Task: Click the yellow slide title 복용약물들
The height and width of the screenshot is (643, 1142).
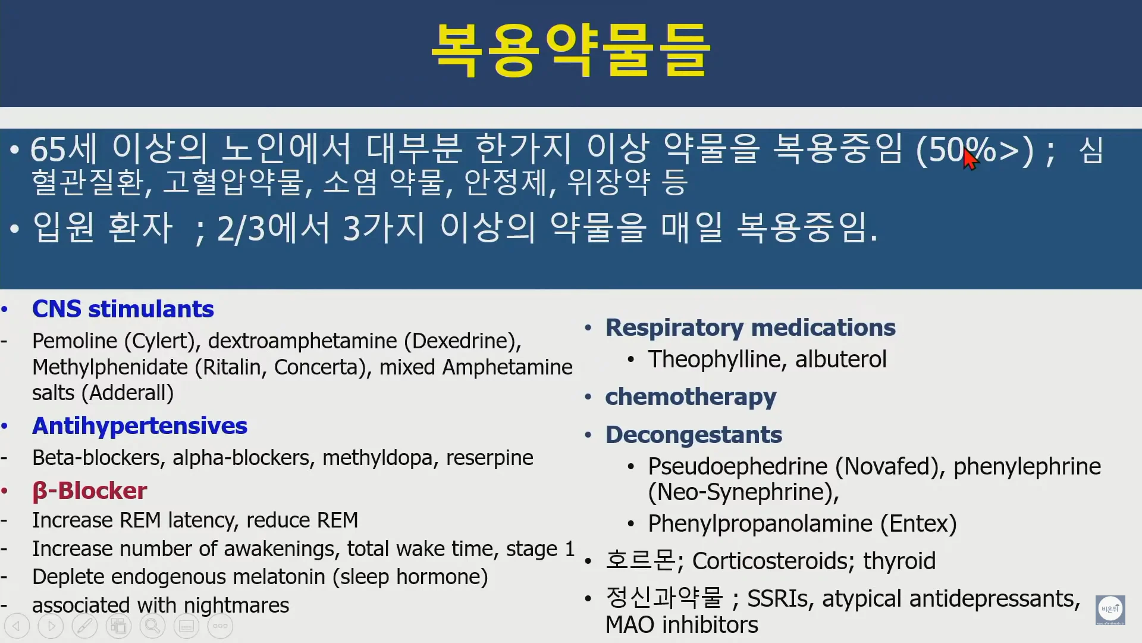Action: tap(571, 51)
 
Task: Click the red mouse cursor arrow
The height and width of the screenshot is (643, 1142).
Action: tap(970, 159)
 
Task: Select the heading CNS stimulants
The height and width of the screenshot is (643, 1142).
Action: tap(123, 309)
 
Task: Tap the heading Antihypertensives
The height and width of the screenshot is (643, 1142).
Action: tap(140, 426)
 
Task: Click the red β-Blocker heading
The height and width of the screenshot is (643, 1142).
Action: tap(89, 491)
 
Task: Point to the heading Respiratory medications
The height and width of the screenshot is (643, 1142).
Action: tap(751, 327)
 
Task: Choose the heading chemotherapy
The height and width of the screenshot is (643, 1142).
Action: tap(691, 397)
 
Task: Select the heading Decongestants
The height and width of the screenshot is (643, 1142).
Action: tap(694, 435)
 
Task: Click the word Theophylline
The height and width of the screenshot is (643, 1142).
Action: tap(718, 360)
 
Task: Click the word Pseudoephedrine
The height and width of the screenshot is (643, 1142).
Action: tap(738, 466)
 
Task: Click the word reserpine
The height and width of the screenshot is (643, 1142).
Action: tap(490, 458)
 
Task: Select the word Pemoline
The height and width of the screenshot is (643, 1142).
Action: tap(75, 341)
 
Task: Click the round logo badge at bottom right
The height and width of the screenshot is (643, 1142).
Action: tap(1110, 610)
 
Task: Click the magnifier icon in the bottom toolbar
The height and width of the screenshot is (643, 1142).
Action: tap(152, 626)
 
